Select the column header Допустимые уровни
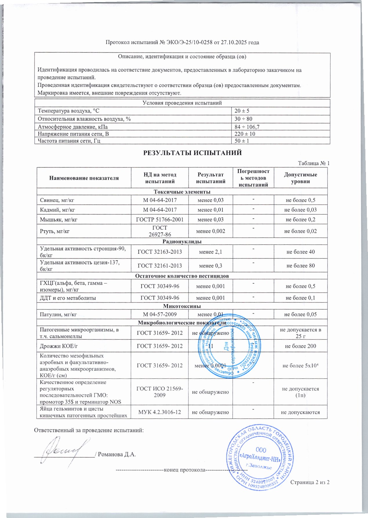pos(300,178)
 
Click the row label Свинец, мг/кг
pos(55,200)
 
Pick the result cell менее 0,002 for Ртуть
pos(211,231)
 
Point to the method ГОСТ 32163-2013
pos(159,252)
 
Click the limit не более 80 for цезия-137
pos(300,265)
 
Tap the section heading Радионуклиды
pos(182,241)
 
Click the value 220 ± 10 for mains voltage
pos(245,134)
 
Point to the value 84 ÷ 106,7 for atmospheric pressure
pos(247,127)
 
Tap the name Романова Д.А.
pos(117,454)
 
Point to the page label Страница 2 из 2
pos(310,482)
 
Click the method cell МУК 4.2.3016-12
pos(159,412)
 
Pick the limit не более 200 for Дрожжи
pos(300,346)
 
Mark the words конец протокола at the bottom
pos(184,470)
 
